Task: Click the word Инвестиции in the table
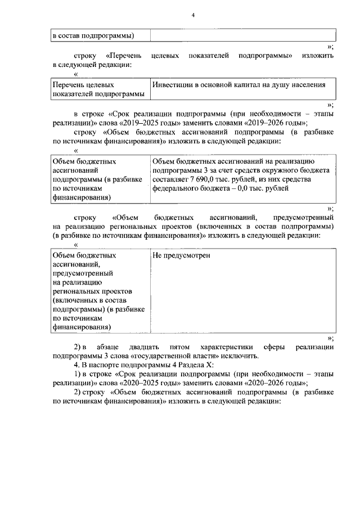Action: click(x=172, y=84)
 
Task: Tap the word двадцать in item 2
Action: click(x=144, y=346)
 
